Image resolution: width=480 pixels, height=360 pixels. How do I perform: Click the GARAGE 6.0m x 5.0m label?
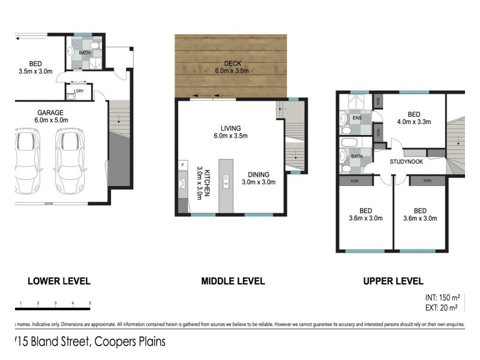[50, 116]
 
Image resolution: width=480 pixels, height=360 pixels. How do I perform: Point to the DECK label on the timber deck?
[232, 67]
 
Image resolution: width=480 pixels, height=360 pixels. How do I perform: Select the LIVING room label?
[230, 132]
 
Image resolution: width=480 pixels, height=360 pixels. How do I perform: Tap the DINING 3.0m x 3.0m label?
[259, 178]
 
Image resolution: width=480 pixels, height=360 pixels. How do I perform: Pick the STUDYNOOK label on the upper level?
[406, 161]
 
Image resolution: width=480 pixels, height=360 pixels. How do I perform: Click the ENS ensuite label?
[356, 118]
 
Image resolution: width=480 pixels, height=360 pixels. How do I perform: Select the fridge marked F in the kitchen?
[182, 164]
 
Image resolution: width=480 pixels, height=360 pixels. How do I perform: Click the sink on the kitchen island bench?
[227, 178]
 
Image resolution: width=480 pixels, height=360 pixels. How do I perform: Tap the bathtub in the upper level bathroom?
[349, 143]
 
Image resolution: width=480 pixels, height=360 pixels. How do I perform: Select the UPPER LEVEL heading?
[393, 281]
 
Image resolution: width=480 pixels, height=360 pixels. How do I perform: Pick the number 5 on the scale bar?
[90, 303]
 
